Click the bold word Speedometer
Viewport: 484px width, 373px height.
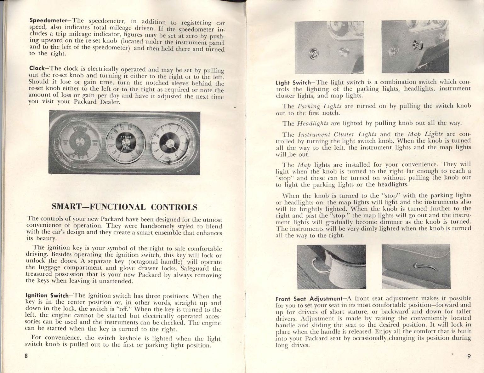point(43,20)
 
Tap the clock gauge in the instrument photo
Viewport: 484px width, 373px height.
point(169,143)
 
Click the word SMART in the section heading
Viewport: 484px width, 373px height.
point(66,207)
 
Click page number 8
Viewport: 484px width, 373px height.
point(26,356)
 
